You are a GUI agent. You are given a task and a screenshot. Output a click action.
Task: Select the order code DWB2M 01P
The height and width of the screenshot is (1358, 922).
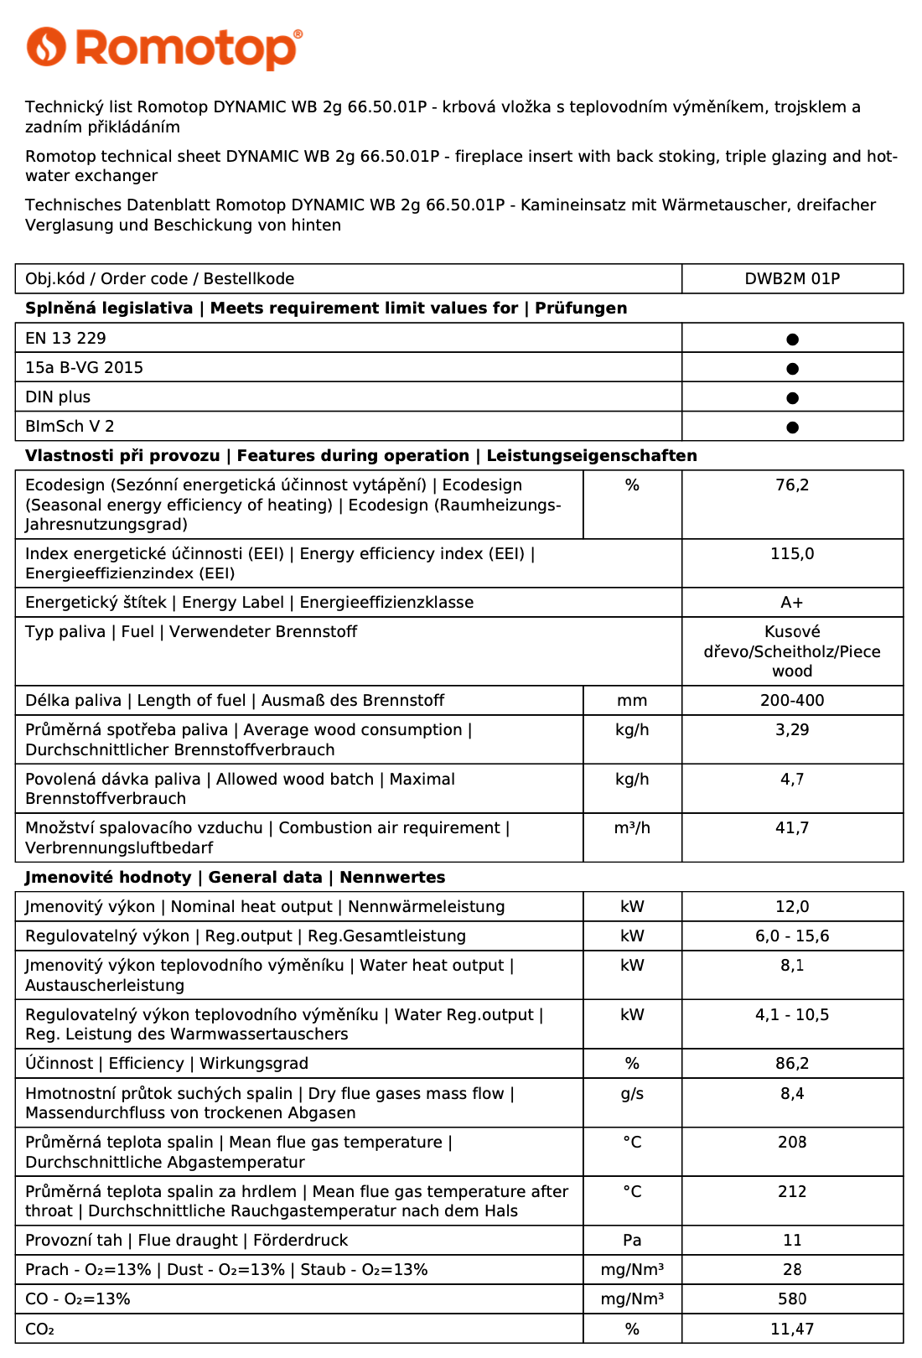click(x=792, y=279)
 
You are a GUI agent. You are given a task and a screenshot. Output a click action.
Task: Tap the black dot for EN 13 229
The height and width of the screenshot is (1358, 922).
click(x=792, y=339)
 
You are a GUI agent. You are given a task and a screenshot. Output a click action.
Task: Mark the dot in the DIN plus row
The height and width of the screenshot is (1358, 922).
click(x=792, y=398)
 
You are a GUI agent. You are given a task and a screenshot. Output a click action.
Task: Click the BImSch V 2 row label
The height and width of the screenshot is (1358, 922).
click(x=70, y=427)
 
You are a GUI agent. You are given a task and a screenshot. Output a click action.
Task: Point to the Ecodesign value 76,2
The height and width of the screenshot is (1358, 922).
click(x=792, y=485)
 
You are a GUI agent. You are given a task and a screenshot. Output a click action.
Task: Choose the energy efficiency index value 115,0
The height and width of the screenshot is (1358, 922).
click(x=792, y=554)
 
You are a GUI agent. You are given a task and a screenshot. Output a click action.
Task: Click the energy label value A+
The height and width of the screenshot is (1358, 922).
click(x=792, y=603)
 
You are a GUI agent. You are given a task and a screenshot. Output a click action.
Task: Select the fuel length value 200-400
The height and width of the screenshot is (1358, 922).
click(x=792, y=701)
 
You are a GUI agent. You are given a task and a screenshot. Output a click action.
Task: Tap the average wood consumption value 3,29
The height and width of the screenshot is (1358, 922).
click(x=792, y=730)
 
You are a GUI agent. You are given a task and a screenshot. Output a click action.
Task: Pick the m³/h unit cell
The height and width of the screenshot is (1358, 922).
click(x=632, y=828)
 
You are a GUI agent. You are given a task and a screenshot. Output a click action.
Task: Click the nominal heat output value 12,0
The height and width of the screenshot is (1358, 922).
click(x=792, y=907)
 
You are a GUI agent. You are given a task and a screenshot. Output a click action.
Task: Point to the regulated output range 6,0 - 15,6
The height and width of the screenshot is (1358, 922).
click(x=792, y=936)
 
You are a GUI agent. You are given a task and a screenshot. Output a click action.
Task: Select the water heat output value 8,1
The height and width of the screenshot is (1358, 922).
click(x=792, y=966)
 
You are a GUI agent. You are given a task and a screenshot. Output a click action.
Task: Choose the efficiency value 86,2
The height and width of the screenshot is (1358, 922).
click(x=792, y=1064)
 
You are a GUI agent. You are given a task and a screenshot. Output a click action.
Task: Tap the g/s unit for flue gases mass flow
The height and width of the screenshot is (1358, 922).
click(x=632, y=1094)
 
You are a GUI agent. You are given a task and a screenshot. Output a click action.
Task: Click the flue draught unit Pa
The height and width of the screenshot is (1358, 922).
click(x=632, y=1241)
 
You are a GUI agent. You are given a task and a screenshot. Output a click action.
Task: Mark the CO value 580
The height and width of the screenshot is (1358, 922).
click(x=792, y=1299)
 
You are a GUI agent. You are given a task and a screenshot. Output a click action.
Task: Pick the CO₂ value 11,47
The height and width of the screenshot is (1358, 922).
click(x=792, y=1329)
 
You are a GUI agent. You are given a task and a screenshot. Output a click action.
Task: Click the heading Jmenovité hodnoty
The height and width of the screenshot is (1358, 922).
click(x=108, y=878)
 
